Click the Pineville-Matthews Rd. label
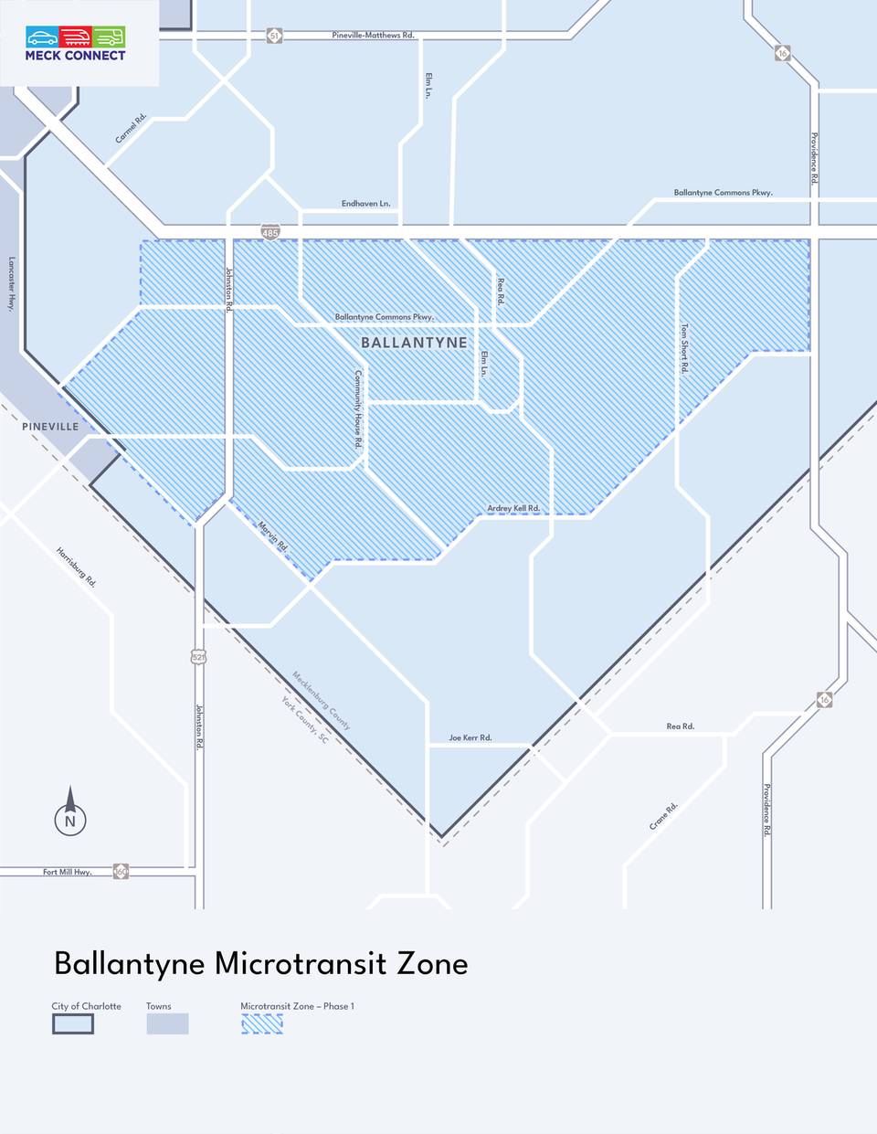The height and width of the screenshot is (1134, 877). pos(373,36)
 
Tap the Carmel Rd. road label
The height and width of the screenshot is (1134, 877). pos(131,128)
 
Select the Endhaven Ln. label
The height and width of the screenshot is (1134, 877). pos(365,204)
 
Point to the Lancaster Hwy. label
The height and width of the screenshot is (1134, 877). pos(11,284)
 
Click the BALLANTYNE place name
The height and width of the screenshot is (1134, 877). pos(414,343)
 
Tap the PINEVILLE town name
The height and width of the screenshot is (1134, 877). pos(50,427)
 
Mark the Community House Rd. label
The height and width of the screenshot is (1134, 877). pos(358,408)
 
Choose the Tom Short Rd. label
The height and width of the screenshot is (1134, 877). pos(684,348)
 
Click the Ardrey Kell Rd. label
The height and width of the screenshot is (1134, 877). pos(513,508)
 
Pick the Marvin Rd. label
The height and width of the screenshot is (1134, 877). pos(273,535)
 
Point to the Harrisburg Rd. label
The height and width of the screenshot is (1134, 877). pos(76,567)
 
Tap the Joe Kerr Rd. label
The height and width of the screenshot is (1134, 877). pos(470,737)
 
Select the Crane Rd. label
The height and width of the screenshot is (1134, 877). pos(664,816)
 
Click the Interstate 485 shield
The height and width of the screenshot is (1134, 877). pos(269,233)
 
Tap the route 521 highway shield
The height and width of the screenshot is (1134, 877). pos(199,657)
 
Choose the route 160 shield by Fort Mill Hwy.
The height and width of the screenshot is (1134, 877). pos(121,872)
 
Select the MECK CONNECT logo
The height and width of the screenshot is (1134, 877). pos(76,44)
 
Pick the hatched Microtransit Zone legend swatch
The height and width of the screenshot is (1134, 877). pos(262,1024)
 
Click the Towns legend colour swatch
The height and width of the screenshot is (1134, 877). pos(167,1023)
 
